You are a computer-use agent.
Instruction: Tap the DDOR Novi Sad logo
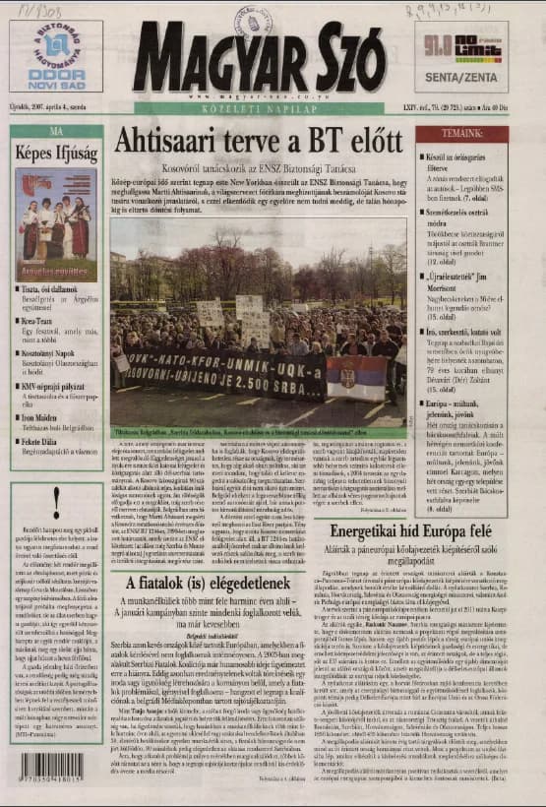pyautogui.click(x=56, y=54)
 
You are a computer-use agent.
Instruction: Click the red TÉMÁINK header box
pyautogui.click(x=461, y=134)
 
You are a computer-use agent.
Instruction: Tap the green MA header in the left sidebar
pyautogui.click(x=56, y=130)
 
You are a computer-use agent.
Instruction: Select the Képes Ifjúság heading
pyautogui.click(x=57, y=153)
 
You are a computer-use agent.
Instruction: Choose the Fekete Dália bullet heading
pyautogui.click(x=42, y=416)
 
